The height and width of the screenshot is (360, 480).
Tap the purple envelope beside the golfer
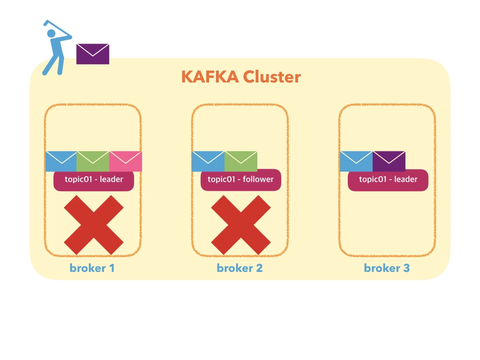[93, 54]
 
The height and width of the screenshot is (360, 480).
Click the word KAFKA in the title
[210, 77]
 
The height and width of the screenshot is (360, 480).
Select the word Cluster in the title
[272, 77]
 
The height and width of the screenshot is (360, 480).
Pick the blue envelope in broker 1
[61, 162]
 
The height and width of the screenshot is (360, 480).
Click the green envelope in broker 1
[93, 162]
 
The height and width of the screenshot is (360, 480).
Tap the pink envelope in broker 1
[126, 162]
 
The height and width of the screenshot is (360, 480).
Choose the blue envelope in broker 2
[208, 162]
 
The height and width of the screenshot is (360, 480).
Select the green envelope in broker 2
[241, 162]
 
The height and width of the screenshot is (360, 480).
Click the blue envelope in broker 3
[356, 162]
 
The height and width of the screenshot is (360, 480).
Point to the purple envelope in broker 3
[389, 162]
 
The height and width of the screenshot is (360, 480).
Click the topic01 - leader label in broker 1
[94, 180]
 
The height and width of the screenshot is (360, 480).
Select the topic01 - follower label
[241, 180]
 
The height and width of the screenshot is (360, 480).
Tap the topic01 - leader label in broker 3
[388, 180]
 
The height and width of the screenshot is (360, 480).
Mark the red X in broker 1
[94, 225]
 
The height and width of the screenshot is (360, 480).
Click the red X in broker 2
[241, 225]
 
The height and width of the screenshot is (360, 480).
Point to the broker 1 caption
[92, 268]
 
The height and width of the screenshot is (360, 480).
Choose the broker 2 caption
[240, 268]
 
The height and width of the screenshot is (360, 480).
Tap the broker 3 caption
[387, 268]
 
